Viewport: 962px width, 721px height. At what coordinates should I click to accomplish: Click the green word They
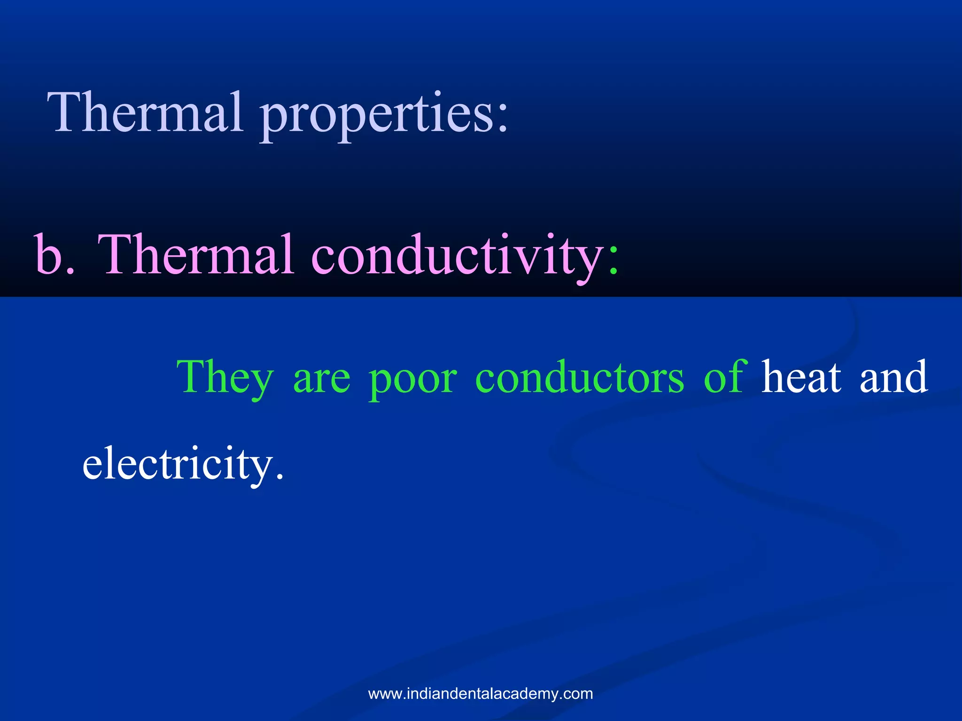[225, 378]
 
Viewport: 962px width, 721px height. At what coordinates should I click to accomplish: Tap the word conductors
[580, 378]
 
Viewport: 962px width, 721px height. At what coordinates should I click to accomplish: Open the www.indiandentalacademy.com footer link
[481, 693]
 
